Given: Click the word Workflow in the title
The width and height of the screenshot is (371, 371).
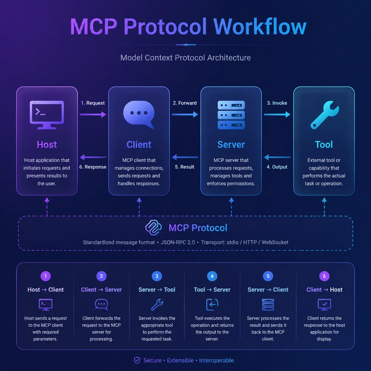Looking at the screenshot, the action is click(x=260, y=26).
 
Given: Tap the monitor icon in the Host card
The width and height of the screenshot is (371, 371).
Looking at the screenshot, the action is click(x=47, y=115).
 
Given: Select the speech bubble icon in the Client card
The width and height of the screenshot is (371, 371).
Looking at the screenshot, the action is click(x=139, y=115).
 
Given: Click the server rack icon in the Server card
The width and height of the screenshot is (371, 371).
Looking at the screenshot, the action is click(x=231, y=115).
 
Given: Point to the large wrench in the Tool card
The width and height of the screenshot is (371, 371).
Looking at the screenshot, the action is click(x=324, y=115).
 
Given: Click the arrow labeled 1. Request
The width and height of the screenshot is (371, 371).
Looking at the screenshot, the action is click(x=93, y=115).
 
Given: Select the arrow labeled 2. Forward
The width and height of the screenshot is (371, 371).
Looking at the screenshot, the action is click(x=185, y=115).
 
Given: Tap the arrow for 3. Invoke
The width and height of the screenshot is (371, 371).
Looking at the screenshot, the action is click(x=277, y=115).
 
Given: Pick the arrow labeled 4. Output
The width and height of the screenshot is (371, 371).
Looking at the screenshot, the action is click(x=277, y=157).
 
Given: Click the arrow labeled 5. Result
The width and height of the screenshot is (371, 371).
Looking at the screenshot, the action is click(x=185, y=157).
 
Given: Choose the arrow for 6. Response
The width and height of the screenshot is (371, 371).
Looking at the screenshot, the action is click(x=93, y=157).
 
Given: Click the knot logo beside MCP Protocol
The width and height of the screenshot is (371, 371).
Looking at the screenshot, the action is click(x=153, y=228).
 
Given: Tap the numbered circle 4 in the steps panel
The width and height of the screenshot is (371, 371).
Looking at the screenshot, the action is click(x=212, y=276).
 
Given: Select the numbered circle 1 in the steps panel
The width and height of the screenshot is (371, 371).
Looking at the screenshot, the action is click(x=46, y=276).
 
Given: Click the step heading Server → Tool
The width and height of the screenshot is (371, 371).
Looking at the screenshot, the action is click(x=157, y=290).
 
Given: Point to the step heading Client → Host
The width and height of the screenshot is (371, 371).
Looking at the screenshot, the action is click(x=324, y=290).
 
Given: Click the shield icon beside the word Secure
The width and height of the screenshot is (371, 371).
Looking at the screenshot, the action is click(x=137, y=360).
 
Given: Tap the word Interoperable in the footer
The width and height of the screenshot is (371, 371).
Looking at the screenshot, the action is click(x=216, y=360).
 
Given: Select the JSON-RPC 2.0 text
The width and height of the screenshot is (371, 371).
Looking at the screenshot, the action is click(x=178, y=242).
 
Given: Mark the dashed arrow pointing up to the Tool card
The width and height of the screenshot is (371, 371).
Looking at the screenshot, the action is click(x=324, y=207).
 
